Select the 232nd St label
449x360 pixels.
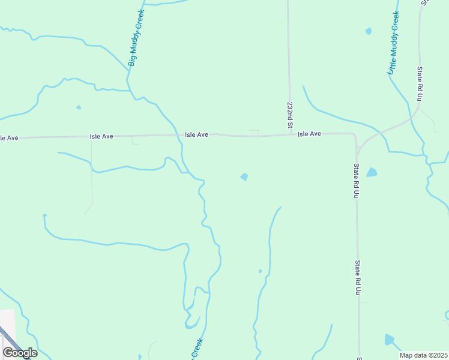pyautogui.click(x=289, y=115)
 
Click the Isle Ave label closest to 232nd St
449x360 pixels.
pyautogui.click(x=310, y=134)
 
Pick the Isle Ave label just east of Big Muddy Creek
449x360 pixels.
pyautogui.click(x=196, y=135)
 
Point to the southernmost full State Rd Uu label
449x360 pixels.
pyautogui.click(x=357, y=277)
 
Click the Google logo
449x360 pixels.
pyautogui.click(x=20, y=353)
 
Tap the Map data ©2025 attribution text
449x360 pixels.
pyautogui.click(x=424, y=355)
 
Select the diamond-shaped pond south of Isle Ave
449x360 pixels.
pyautogui.click(x=244, y=176)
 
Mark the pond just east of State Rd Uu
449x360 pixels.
pyautogui.click(x=372, y=172)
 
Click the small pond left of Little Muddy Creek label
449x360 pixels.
pyautogui.click(x=368, y=31)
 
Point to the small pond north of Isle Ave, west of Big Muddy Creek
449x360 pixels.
pyautogui.click(x=79, y=107)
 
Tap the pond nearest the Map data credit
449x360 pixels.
pyautogui.click(x=390, y=340)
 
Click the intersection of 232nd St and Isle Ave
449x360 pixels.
pyautogui.click(x=291, y=134)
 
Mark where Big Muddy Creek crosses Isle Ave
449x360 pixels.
pyautogui.click(x=181, y=135)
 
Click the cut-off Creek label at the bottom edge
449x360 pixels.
pyautogui.click(x=196, y=349)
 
